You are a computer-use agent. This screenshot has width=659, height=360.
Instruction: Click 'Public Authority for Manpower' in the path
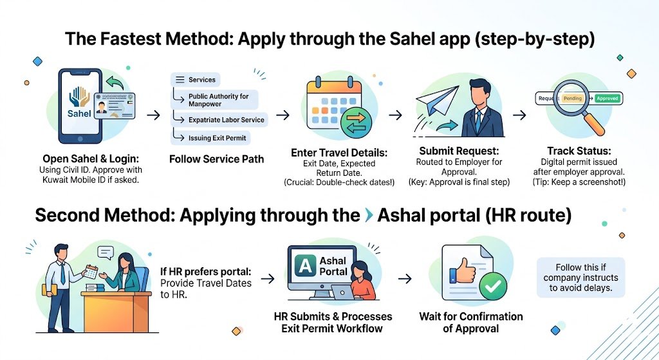(x=218, y=100)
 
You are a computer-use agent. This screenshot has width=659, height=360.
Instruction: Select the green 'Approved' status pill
(x=608, y=99)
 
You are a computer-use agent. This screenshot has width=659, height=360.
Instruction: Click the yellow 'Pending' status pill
(x=572, y=99)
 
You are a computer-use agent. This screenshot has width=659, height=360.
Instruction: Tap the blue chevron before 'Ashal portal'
(x=367, y=215)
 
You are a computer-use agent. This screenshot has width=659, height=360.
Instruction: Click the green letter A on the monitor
(x=301, y=267)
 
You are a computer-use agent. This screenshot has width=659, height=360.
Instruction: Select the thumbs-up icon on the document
(x=463, y=272)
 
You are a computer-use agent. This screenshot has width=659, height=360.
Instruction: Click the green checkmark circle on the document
(x=493, y=287)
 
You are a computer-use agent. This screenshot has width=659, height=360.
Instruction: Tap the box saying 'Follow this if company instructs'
(x=580, y=278)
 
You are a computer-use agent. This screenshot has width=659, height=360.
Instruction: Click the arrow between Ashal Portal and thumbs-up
(x=405, y=279)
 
